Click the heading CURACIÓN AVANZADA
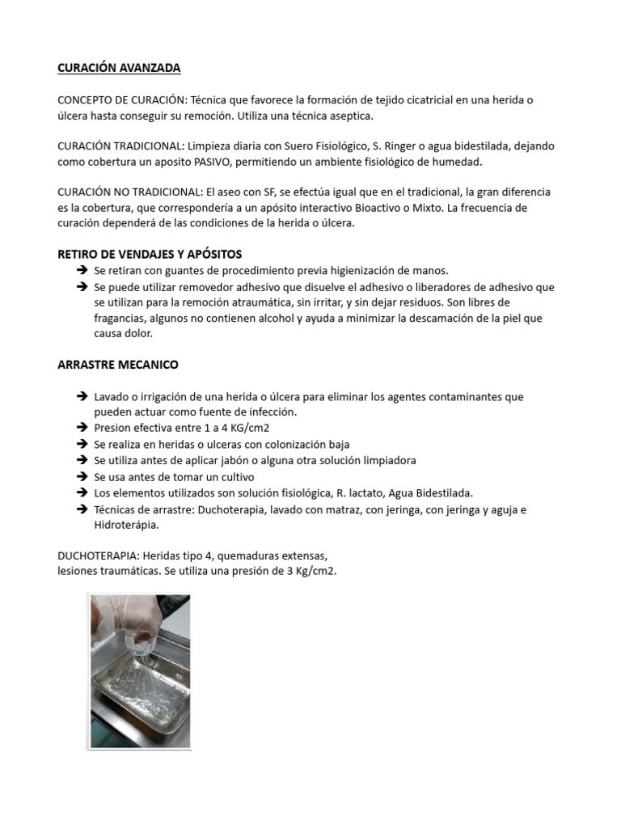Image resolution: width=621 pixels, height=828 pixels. pos(119,68)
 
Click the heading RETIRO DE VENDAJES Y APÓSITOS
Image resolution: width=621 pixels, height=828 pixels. pos(150,254)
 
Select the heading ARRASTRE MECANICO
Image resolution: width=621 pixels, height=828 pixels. pos(118,365)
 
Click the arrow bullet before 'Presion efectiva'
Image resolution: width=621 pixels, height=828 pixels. pos(82,429)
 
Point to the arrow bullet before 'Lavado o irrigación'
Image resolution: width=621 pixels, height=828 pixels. pos(82,397)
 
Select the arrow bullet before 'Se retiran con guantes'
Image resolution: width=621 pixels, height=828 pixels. pos(82,270)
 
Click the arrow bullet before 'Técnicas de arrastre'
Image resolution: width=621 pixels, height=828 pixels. pos(82,509)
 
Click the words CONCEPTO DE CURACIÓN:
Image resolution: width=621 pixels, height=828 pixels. pos(122,100)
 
